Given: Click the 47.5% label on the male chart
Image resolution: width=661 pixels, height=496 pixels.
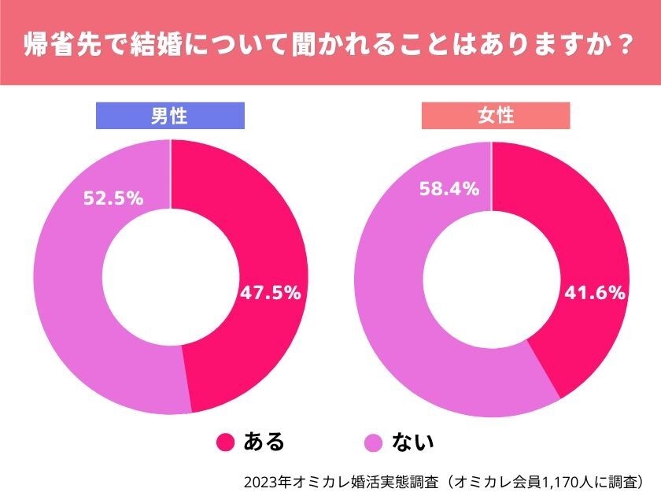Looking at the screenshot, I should [270, 293].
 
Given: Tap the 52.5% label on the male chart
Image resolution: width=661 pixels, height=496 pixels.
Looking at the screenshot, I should [113, 198].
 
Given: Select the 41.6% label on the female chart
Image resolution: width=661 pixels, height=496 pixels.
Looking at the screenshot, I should [595, 293].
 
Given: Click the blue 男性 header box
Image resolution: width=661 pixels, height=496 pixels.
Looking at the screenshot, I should [170, 117].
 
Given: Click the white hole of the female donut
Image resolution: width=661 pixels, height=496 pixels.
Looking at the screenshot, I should [491, 278].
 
